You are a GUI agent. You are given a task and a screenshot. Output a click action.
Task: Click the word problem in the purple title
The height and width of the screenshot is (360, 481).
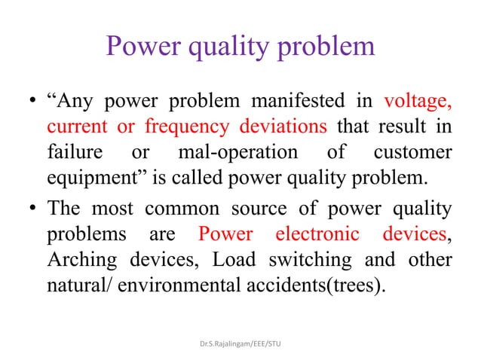click(x=324, y=47)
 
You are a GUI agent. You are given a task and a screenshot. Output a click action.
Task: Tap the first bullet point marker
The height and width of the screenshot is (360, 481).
click(x=32, y=102)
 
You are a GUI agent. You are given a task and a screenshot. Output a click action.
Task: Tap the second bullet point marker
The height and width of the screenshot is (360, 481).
click(x=32, y=209)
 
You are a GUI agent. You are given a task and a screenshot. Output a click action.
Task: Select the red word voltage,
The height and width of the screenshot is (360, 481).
click(x=418, y=100)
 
